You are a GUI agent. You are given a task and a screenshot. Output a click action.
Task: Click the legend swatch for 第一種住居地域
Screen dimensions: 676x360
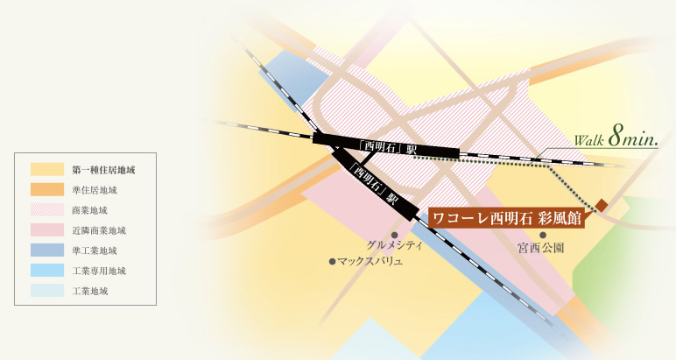click(46, 169)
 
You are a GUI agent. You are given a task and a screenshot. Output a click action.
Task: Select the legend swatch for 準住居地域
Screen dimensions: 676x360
click(46, 189)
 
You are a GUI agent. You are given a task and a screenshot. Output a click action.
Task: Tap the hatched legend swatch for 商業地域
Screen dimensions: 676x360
click(46, 209)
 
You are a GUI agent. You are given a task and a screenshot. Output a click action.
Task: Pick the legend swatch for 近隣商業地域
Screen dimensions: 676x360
click(46, 229)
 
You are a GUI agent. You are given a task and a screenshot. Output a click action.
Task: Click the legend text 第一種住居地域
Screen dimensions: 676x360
click(102, 169)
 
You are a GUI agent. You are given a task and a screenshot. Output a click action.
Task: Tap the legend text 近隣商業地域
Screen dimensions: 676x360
click(99, 229)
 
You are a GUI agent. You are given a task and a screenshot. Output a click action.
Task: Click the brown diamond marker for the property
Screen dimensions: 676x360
click(602, 206)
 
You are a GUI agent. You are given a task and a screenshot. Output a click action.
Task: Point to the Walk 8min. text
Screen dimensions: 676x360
click(614, 137)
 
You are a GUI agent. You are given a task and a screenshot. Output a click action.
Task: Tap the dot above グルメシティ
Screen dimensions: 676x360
click(395, 235)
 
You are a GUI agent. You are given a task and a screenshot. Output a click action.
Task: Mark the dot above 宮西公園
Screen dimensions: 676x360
click(543, 235)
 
